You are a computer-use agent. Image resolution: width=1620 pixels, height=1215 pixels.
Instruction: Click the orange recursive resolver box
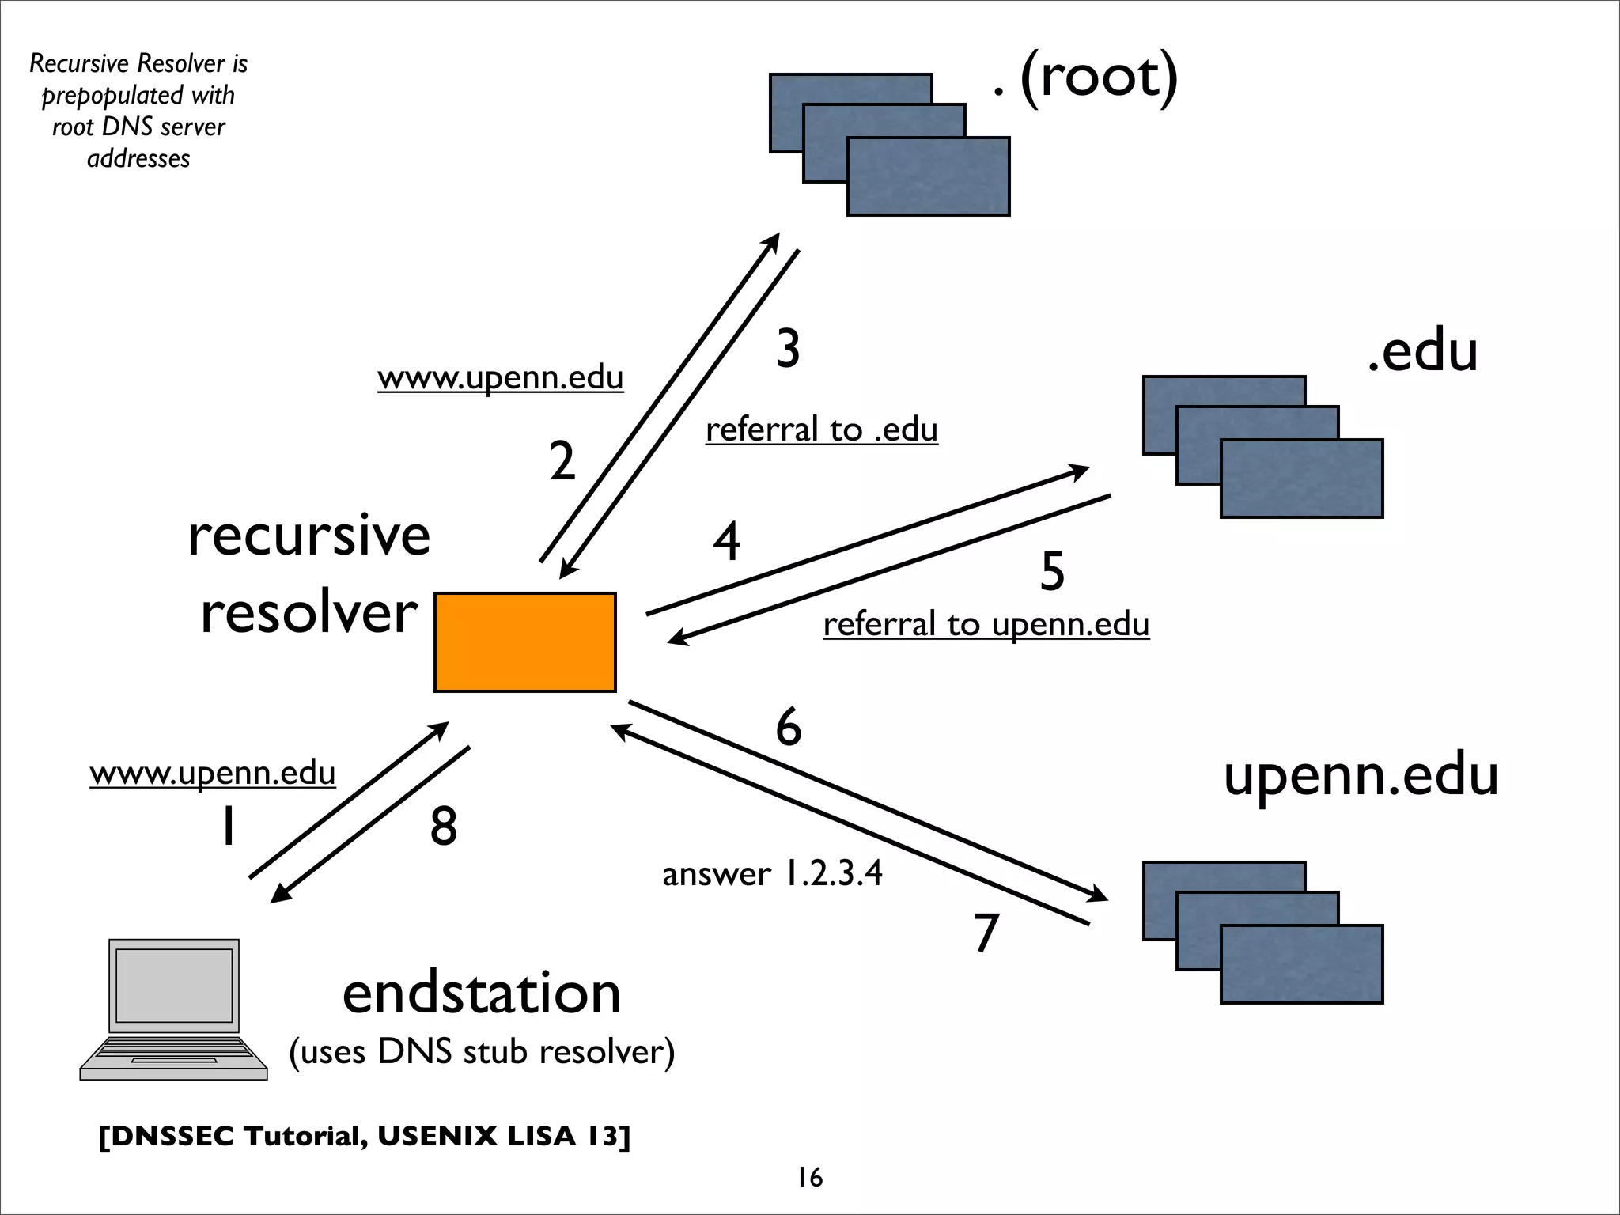[x=524, y=642]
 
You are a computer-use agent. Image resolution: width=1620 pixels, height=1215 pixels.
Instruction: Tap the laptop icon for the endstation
[x=174, y=1009]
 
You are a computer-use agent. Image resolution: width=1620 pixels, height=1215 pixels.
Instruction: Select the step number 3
[x=788, y=349]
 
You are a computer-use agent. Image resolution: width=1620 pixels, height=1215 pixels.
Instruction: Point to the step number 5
[x=1052, y=571]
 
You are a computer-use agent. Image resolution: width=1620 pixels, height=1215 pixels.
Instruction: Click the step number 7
[x=986, y=933]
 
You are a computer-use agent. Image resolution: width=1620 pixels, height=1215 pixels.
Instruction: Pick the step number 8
[x=444, y=827]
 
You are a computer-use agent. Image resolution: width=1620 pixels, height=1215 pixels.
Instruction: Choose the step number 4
[x=726, y=542]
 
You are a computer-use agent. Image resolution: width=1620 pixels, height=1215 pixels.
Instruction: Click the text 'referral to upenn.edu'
[x=986, y=624]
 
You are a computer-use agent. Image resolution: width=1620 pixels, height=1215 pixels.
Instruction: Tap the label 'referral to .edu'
[x=821, y=430]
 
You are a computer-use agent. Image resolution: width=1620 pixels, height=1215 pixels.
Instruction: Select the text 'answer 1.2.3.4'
[x=772, y=874]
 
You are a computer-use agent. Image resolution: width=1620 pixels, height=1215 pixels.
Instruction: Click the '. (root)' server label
[x=1085, y=78]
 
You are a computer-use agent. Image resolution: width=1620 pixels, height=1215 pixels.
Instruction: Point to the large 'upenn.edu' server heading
[x=1361, y=775]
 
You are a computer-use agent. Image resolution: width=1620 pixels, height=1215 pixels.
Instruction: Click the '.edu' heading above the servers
[x=1422, y=352]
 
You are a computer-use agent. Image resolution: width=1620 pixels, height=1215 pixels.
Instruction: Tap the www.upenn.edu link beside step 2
[x=500, y=378]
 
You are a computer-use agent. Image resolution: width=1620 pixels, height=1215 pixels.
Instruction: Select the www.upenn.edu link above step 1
[x=212, y=773]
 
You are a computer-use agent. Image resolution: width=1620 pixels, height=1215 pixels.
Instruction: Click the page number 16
[x=809, y=1178]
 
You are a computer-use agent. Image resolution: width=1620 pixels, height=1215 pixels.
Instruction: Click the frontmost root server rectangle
[x=928, y=176]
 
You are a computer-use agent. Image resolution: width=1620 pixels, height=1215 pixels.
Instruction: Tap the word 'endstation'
[x=481, y=994]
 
